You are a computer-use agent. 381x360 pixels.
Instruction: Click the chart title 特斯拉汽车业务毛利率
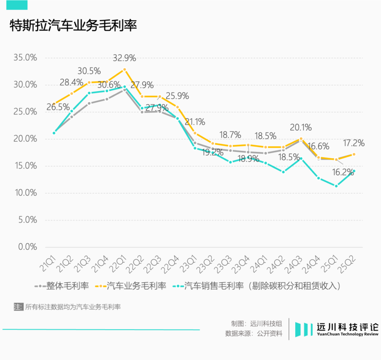pyautogui.click(x=73, y=26)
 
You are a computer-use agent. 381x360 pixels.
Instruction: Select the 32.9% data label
pyautogui.click(x=124, y=58)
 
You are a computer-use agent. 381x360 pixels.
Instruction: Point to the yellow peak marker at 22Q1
pyautogui.click(x=124, y=70)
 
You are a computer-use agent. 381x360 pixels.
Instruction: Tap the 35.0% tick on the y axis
pyautogui.click(x=25, y=58)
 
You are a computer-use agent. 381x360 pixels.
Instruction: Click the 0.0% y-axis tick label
pyautogui.click(x=27, y=247)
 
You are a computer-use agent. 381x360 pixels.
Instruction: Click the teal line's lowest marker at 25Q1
pyautogui.click(x=336, y=186)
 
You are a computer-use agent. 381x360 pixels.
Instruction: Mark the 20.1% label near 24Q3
pyautogui.click(x=301, y=127)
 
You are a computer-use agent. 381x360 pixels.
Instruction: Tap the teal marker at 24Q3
pyautogui.click(x=301, y=159)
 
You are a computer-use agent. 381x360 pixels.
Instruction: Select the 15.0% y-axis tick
pyautogui.click(x=25, y=166)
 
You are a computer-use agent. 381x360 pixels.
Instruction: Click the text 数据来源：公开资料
pyautogui.click(x=254, y=333)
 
